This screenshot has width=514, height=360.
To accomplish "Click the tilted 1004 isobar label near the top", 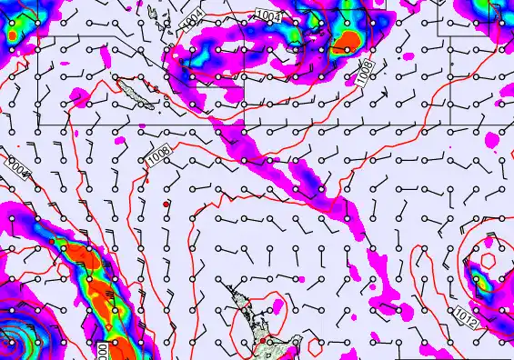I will tap(194, 19).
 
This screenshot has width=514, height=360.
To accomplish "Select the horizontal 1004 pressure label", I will tap(267, 15).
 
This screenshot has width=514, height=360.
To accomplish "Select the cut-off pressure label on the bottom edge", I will tap(102, 351).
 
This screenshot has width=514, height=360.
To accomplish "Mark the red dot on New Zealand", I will tap(262, 340).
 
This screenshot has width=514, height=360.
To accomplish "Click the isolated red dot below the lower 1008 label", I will tap(166, 205).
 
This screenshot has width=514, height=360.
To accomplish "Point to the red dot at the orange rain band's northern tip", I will tap(55, 243).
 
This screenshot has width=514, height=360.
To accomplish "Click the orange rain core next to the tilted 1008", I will tap(347, 41).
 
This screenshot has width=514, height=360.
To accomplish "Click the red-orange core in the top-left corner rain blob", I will tap(12, 35).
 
